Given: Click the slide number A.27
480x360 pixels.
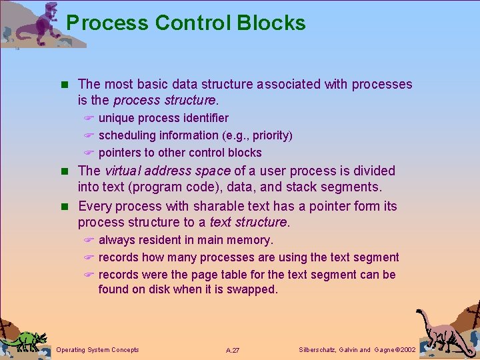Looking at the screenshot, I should [233, 350].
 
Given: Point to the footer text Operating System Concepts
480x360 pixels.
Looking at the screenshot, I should [98, 350].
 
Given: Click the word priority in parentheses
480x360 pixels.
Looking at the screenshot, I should [269, 135].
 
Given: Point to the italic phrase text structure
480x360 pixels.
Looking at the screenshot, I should [248, 223].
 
